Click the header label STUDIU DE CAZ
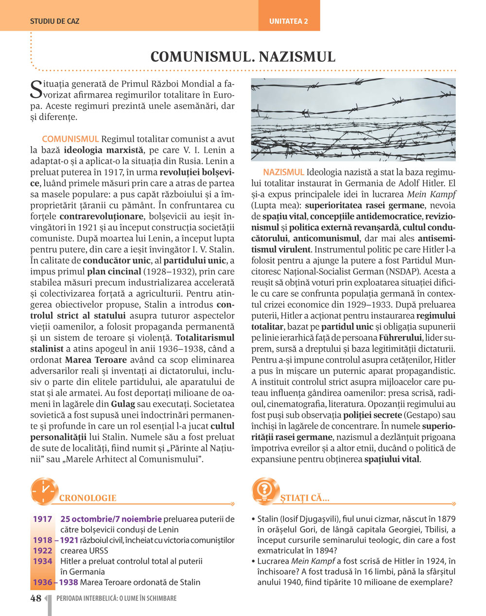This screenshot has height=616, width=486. click(54, 21)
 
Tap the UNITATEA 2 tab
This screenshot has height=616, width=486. click(289, 21)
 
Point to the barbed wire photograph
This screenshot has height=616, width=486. click(353, 120)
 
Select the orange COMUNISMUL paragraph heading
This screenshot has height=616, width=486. click(70, 139)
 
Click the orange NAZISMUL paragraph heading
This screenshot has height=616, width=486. click(283, 172)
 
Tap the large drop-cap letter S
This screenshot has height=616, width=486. click(36, 88)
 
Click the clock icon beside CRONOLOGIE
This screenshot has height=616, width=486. click(44, 491)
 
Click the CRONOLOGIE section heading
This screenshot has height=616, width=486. click(87, 498)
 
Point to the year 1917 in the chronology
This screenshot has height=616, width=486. click(42, 519)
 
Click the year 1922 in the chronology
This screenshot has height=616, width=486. click(42, 550)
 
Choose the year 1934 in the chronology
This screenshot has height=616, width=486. click(42, 561)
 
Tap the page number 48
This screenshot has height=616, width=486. click(36, 599)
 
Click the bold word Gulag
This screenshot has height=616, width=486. click(123, 404)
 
